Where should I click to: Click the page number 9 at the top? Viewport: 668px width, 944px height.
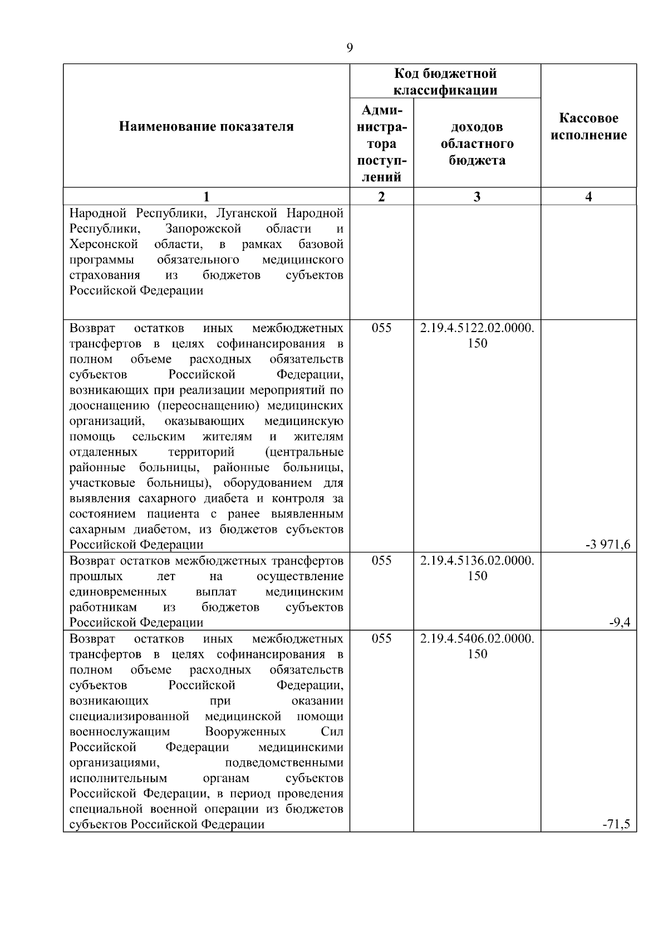350,48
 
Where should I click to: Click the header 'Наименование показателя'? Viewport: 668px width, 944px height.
207,127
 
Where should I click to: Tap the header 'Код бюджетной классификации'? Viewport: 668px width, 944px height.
445,82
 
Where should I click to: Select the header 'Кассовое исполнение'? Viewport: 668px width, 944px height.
589,127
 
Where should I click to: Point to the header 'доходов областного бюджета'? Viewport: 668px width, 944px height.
477,144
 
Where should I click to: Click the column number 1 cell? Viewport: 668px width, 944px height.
207,196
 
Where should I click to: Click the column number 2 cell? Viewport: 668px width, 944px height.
381,196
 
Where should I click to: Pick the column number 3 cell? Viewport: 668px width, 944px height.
477,196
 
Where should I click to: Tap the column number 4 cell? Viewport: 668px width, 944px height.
589,196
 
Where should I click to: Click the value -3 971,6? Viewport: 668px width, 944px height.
608,545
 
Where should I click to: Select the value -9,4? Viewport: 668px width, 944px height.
619,622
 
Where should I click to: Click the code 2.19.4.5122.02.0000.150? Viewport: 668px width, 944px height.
477,335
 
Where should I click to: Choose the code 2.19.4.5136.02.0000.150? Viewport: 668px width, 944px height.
477,568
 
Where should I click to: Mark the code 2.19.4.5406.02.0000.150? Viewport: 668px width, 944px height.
477,646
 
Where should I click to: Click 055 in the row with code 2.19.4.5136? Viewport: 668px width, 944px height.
381,561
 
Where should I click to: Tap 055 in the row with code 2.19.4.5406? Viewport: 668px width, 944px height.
381,639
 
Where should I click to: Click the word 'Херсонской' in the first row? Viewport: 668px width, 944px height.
104,244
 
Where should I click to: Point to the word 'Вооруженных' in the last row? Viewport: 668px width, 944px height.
245,732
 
